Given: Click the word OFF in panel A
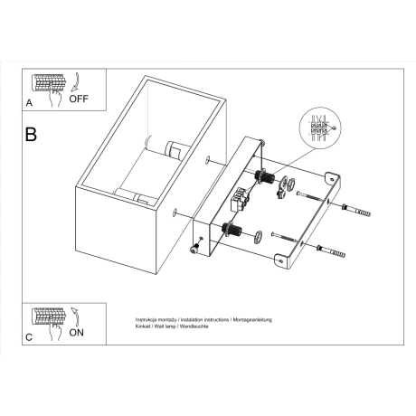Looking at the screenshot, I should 79,101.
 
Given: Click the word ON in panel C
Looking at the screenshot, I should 79,333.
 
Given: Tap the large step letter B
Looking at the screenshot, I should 32,136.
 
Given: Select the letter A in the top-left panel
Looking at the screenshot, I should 29,104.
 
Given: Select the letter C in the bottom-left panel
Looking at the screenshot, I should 29,336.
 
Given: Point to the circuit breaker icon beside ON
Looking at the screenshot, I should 50,316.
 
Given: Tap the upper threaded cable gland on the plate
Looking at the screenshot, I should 265,175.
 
